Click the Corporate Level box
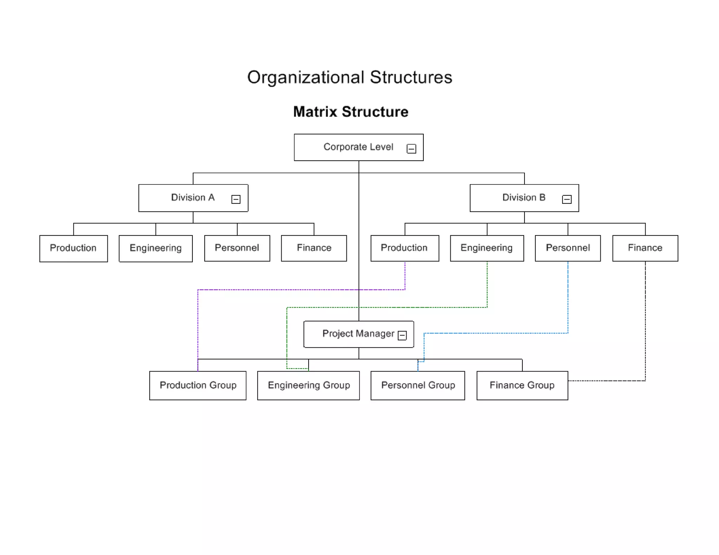[351, 147]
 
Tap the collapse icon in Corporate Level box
[411, 149]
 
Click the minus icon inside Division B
[566, 199]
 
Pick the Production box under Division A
[73, 248]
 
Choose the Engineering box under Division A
[156, 248]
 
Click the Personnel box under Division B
[567, 248]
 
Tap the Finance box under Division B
[645, 248]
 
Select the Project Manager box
[351, 334]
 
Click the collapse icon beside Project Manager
[402, 335]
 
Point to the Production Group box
[198, 385]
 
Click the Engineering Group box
[308, 385]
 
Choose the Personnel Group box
[417, 385]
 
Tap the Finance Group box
[522, 385]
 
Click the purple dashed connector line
[281, 290]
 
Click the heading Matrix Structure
[350, 112]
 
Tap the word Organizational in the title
[305, 78]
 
